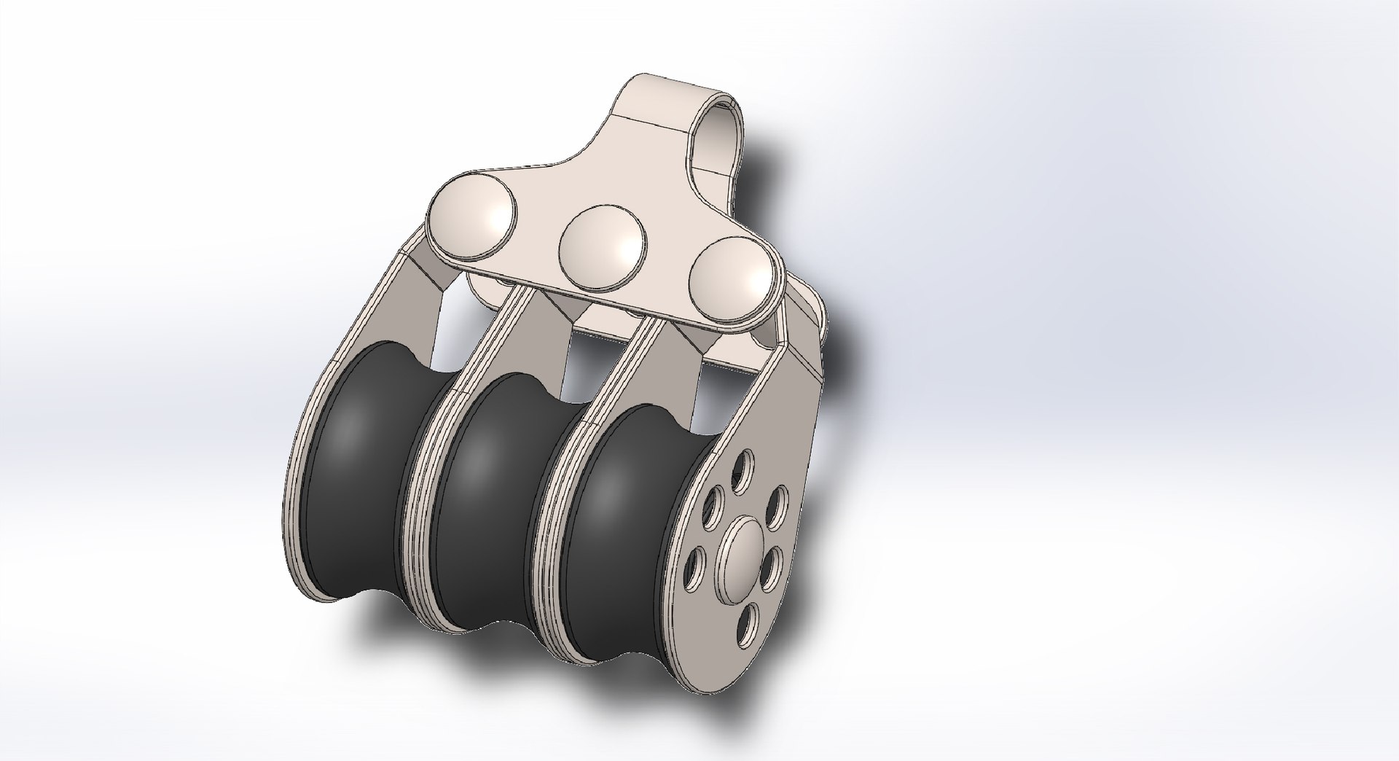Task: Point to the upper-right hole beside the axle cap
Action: tap(779, 502)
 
